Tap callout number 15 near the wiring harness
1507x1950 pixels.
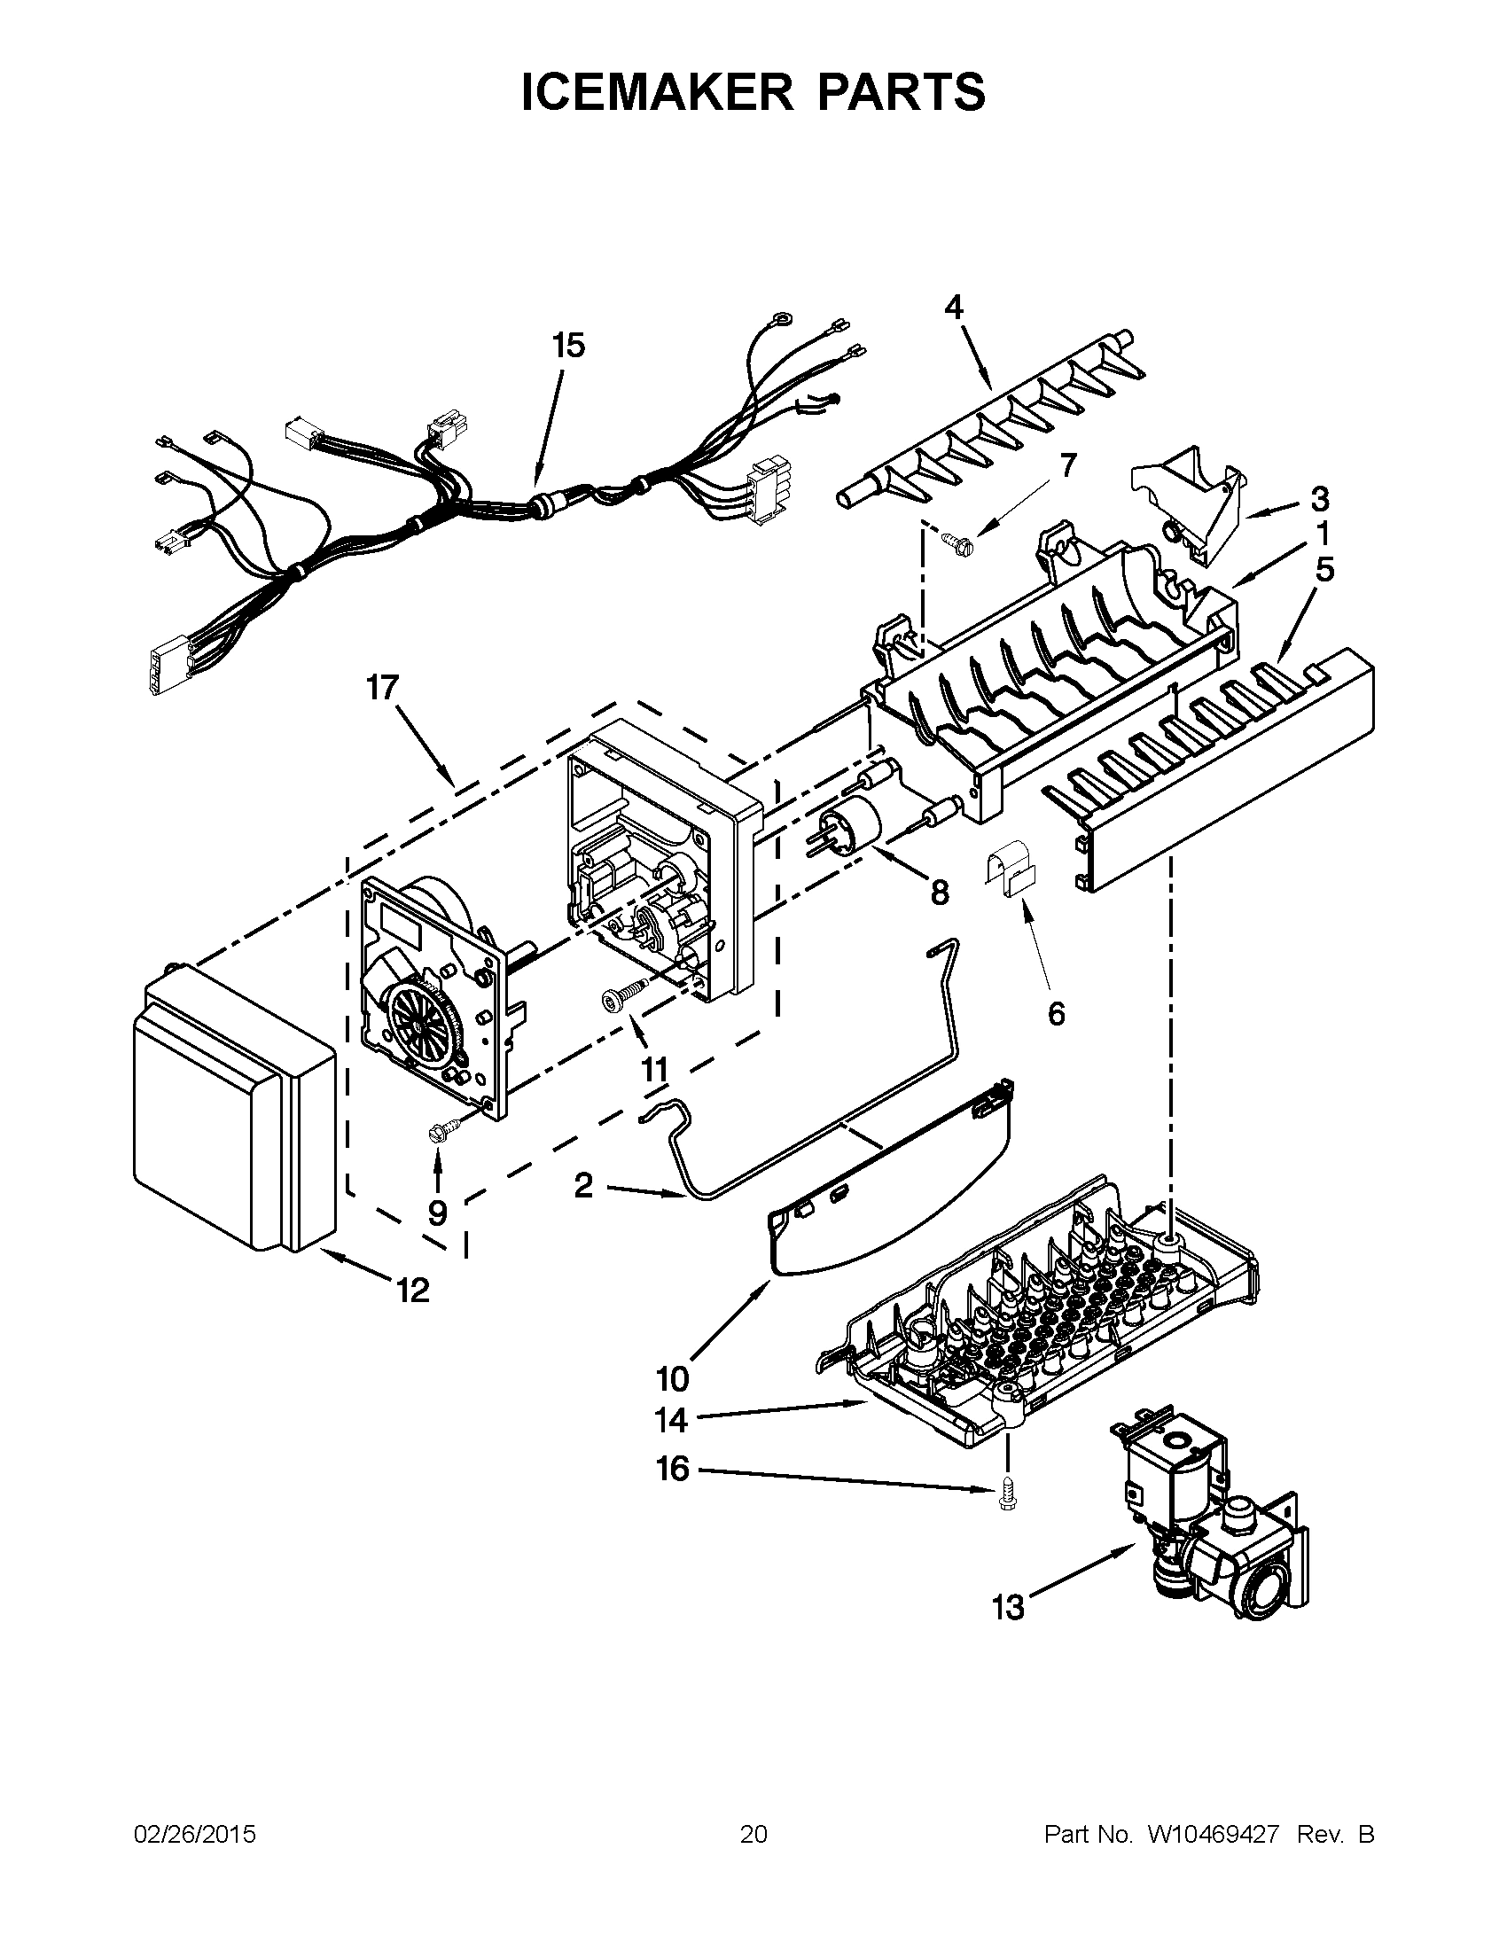pyautogui.click(x=568, y=345)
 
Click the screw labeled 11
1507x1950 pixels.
pyautogui.click(x=624, y=994)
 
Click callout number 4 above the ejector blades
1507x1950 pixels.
pyautogui.click(x=954, y=308)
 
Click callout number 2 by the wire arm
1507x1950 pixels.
pyautogui.click(x=583, y=1186)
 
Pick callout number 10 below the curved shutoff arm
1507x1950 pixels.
pyautogui.click(x=673, y=1378)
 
